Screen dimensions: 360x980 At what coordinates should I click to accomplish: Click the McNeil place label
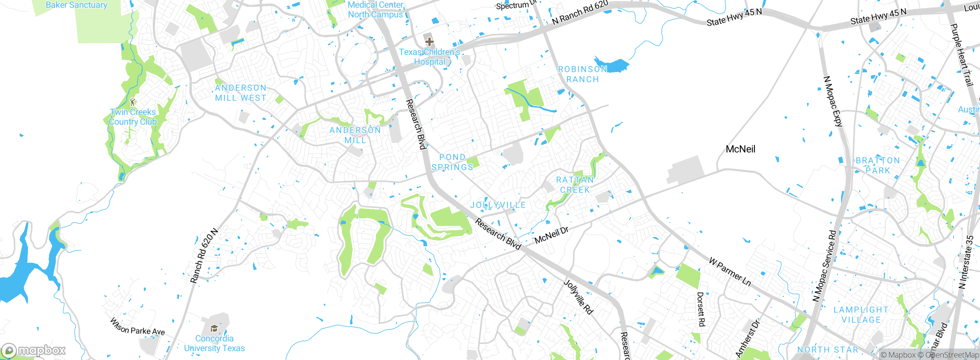coord(740,149)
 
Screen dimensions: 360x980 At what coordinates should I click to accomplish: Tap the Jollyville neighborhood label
coord(498,205)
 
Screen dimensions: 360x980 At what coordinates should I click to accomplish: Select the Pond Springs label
coord(452,162)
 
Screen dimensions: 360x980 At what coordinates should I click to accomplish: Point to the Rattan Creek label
coord(575,185)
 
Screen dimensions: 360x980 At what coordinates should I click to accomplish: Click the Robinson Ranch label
coord(583,74)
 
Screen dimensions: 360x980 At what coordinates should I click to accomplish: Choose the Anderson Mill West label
coord(240,93)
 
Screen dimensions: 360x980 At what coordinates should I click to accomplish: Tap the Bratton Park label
coord(878,165)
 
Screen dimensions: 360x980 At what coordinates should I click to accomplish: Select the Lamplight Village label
coord(861,315)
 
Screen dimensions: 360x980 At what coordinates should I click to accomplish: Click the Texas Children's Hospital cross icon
coord(429,41)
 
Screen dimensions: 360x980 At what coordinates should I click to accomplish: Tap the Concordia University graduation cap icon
coord(214,328)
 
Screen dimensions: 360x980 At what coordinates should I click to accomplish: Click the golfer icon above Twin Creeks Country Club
coord(132,102)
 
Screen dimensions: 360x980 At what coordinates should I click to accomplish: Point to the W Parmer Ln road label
coord(730,272)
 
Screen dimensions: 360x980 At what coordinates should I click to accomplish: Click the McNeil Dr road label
coord(551,235)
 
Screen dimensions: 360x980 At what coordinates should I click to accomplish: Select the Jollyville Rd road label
coord(578,297)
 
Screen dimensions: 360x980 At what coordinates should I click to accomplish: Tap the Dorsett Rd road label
coord(701,309)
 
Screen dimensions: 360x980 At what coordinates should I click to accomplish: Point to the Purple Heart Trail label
coord(962,55)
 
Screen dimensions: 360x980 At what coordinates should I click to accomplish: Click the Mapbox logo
coord(33,350)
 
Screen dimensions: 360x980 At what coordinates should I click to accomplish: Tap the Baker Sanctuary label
coord(77,5)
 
